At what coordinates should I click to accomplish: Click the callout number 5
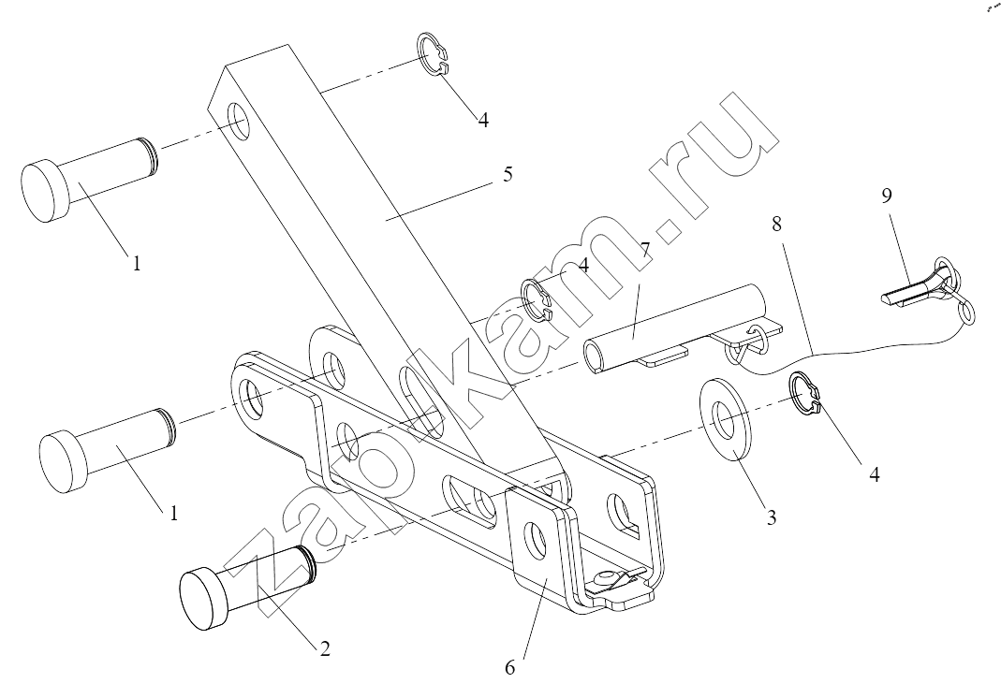tap(508, 175)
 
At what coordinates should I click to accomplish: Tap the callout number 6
tap(509, 668)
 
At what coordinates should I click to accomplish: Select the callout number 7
tap(645, 249)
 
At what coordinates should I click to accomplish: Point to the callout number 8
tap(776, 224)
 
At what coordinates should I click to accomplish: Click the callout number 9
tap(887, 196)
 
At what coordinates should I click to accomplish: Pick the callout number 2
tap(325, 649)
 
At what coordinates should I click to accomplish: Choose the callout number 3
tap(772, 517)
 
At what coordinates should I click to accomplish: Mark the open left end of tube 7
tap(594, 357)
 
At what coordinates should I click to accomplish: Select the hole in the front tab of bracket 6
tap(537, 536)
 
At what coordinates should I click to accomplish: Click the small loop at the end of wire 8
tap(966, 313)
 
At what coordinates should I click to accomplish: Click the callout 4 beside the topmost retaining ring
tap(483, 120)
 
